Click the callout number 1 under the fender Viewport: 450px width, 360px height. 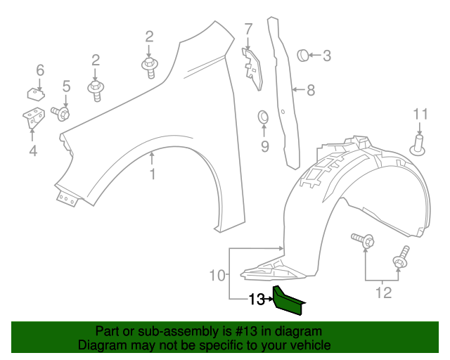click(153, 173)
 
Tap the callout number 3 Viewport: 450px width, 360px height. click(326, 56)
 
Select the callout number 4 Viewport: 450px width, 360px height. click(32, 150)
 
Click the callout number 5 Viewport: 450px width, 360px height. click(67, 86)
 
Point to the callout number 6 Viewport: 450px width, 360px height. click(40, 70)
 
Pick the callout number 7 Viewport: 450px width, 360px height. click(248, 29)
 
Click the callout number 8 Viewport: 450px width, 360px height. click(310, 90)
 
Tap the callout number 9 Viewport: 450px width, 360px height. click(264, 146)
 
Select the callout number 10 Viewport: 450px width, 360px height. click(218, 274)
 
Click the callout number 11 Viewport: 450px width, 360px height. click(420, 114)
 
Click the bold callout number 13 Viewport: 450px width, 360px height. click(256, 300)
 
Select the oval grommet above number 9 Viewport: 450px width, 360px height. click(264, 115)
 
